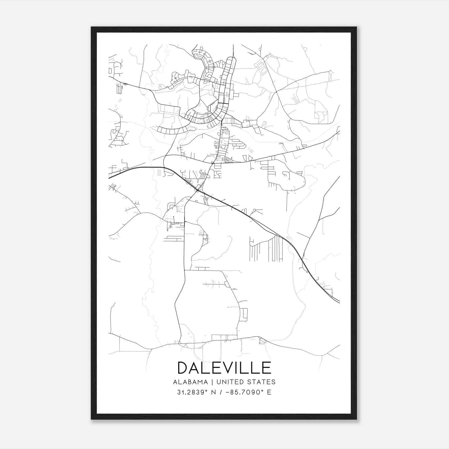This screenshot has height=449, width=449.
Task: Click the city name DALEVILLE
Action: (x=224, y=368)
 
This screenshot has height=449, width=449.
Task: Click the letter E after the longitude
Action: (x=269, y=392)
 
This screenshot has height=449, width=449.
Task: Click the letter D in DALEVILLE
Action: (x=184, y=368)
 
